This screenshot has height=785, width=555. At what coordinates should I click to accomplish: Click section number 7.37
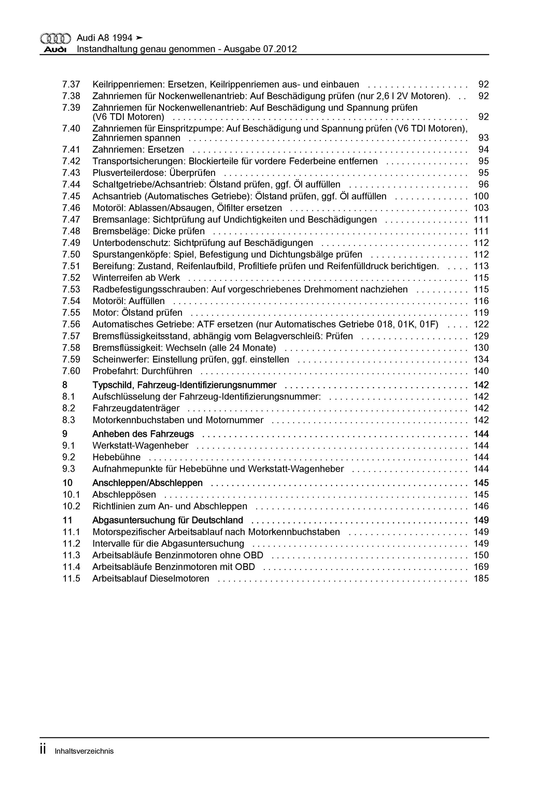[71, 84]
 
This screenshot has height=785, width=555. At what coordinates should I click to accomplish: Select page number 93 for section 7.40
[483, 138]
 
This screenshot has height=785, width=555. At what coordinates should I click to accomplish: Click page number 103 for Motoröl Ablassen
[481, 208]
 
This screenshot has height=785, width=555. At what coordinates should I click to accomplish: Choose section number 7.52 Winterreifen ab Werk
[71, 277]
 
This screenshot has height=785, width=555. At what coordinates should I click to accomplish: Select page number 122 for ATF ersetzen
[481, 324]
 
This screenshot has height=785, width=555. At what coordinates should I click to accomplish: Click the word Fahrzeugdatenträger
[136, 408]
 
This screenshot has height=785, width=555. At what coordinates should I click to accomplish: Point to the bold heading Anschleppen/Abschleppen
[147, 483]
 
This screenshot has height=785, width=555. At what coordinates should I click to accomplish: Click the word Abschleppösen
[124, 495]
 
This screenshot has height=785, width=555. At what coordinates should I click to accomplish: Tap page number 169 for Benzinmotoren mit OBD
[481, 567]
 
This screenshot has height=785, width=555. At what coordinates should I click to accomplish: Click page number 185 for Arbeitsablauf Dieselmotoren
[481, 579]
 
